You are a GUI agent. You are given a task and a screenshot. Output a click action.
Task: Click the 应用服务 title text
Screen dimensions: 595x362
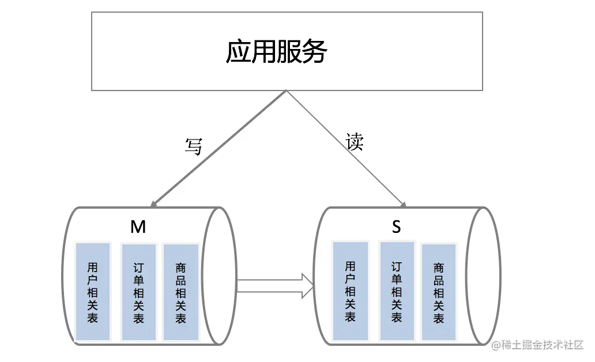276,52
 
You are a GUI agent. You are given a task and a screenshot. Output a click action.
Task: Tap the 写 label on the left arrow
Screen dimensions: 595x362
193,146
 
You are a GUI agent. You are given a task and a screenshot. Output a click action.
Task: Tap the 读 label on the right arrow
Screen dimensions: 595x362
355,141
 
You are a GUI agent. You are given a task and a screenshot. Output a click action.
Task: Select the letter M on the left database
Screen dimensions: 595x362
138,227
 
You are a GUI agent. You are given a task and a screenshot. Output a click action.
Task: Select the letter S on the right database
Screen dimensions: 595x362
396,227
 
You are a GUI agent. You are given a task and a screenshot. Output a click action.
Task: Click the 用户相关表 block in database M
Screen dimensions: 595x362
93,292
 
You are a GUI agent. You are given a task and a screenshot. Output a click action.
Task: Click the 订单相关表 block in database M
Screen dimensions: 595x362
138,292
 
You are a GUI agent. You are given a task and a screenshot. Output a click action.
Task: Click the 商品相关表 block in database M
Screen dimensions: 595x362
181,292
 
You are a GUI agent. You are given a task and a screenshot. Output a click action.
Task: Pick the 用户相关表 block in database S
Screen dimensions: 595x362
351,291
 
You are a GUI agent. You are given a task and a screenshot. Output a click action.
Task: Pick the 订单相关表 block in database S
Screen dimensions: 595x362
397,291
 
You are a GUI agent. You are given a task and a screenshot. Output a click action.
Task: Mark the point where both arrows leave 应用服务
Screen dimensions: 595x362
287,91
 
